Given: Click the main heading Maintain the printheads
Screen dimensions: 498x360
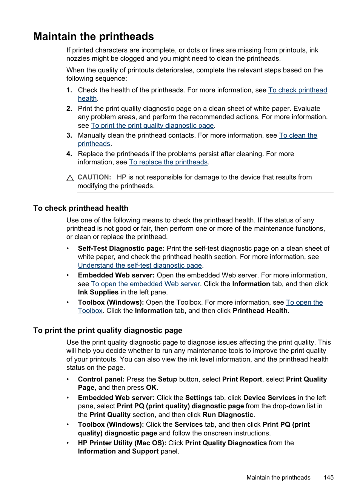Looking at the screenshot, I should [94, 37].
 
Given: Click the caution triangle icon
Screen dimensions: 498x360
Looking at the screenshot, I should [70, 178].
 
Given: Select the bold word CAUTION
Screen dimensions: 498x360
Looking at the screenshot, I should [94, 177].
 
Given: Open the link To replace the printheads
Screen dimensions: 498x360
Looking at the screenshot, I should [168, 162].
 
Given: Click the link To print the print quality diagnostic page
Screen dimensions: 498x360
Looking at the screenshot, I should [152, 126].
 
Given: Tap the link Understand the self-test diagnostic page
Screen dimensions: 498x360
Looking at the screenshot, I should [140, 265].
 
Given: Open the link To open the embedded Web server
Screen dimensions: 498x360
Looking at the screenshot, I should [145, 284].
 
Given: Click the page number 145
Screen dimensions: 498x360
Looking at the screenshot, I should [328, 477].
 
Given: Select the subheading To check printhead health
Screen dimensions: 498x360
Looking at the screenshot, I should [81, 208].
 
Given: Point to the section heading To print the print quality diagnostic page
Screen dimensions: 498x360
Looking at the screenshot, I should [108, 331].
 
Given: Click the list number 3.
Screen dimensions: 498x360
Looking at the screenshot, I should [69, 135].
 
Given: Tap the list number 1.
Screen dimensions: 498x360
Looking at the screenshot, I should [69, 90].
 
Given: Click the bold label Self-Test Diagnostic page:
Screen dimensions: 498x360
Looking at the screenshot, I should [121, 248].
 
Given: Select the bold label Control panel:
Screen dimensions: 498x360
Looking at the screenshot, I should [101, 379].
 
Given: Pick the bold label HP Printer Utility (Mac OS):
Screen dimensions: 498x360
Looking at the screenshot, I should [122, 443].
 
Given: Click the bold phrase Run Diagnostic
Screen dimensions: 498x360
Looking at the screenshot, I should [228, 415].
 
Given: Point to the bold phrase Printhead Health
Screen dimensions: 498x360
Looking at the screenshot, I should [260, 311].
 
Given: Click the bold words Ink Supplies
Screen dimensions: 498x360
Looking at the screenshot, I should [98, 292].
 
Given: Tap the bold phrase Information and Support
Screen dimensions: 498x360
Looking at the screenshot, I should [118, 451].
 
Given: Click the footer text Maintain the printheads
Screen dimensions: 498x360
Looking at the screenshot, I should [278, 477].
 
